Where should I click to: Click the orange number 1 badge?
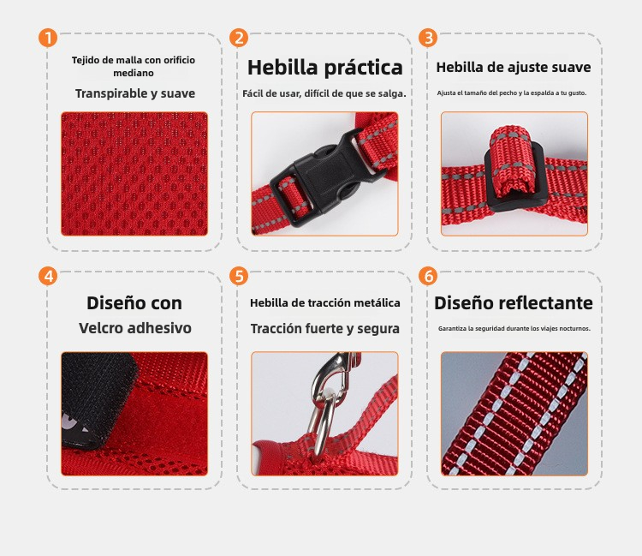point(48,38)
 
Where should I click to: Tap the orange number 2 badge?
point(239,38)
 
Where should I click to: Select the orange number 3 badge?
point(428,38)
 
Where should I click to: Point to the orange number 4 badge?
point(48,276)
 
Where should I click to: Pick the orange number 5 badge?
point(239,276)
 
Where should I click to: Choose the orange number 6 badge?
point(428,276)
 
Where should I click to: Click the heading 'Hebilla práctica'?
point(324,68)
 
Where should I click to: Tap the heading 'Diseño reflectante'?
point(514,303)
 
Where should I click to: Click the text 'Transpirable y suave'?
point(135,94)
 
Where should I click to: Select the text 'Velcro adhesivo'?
point(135,328)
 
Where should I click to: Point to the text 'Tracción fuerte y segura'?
point(324,329)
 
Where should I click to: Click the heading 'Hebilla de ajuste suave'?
point(514,67)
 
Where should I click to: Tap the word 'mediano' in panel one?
point(134,73)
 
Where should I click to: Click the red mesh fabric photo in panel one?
point(134,174)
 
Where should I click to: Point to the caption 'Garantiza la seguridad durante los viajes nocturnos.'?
point(514,329)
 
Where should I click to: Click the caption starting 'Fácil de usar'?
point(324,94)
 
